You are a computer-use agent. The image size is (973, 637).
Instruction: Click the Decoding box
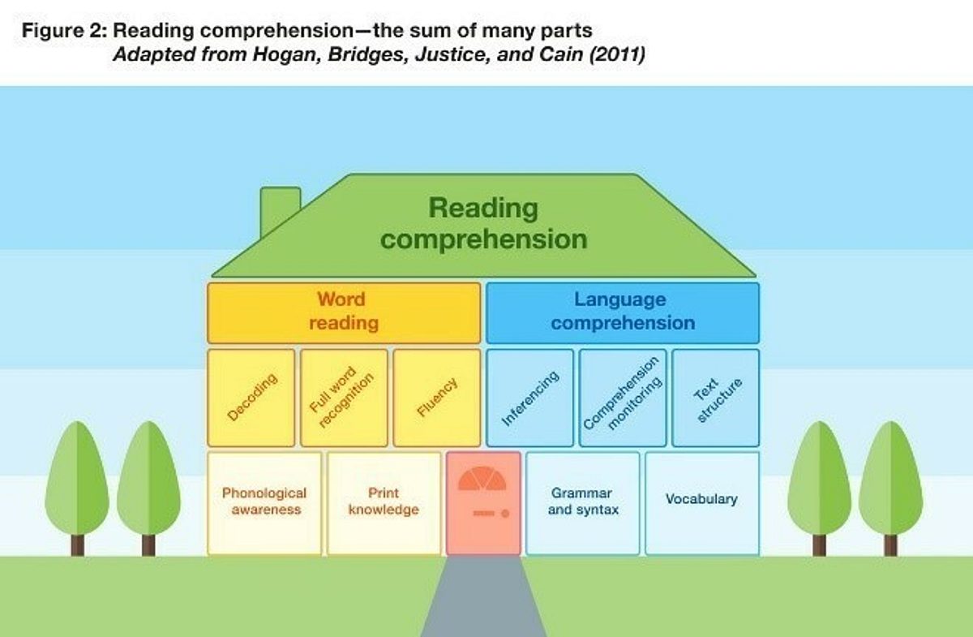click(251, 398)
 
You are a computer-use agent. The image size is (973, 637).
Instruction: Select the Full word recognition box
click(344, 398)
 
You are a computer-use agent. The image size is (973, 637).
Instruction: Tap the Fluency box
click(437, 398)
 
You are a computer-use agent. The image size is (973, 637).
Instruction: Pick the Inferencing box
click(529, 398)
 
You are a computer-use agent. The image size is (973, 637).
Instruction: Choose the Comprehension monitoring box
click(623, 398)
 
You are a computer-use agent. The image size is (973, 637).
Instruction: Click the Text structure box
click(716, 398)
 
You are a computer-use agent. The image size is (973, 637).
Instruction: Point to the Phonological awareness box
click(264, 502)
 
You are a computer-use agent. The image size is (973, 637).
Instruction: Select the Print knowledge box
click(384, 502)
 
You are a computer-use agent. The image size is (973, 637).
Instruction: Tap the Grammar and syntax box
click(583, 502)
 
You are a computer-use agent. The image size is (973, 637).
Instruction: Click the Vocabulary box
click(702, 502)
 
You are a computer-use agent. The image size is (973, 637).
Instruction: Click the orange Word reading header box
click(344, 312)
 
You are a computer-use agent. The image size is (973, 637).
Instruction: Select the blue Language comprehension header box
click(623, 312)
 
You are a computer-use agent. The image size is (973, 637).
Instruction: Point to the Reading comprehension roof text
click(483, 223)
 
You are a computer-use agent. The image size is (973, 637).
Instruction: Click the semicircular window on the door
click(482, 479)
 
